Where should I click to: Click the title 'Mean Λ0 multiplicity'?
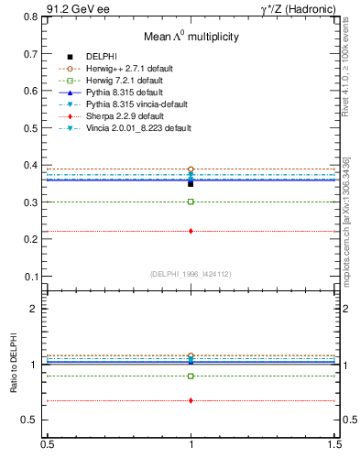[x=191, y=37]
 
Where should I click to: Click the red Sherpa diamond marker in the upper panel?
[x=191, y=231]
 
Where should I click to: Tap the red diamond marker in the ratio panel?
[x=191, y=400]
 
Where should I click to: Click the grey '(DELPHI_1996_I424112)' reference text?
[x=191, y=273]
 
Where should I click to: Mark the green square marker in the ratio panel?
[x=191, y=376]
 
